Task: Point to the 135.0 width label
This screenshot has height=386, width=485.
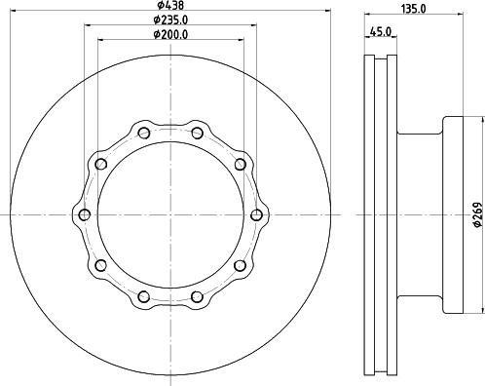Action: pos(415,8)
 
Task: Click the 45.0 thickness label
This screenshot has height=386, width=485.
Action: pos(381,32)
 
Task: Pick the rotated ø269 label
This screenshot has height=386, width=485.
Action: pos(477,213)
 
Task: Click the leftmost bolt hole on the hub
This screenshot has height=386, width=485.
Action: pos(84,214)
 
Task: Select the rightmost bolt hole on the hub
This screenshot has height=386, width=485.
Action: pos(257,214)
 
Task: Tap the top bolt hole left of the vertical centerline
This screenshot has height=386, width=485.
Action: pos(144,133)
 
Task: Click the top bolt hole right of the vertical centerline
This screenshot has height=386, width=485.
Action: pos(197,133)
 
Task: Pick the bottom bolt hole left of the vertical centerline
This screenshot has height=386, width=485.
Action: pos(144,296)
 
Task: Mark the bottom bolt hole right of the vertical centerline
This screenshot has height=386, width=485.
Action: pos(197,296)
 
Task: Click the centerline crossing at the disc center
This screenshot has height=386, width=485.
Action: pos(170,214)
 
